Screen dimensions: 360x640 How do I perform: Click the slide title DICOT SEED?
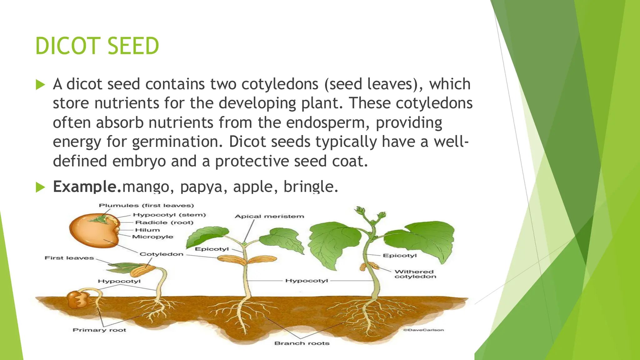(x=97, y=46)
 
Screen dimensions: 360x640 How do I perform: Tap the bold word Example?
(x=87, y=187)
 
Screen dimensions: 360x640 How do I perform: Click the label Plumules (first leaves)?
(x=146, y=206)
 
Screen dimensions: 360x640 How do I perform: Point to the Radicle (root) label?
(x=164, y=222)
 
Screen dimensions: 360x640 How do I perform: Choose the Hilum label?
(x=147, y=230)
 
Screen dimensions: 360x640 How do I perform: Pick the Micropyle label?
(x=152, y=237)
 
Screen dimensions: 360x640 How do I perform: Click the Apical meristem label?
(x=269, y=216)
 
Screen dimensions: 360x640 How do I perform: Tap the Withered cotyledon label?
(x=415, y=274)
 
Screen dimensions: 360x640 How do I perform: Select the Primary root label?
(x=99, y=330)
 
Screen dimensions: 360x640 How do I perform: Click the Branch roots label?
(x=302, y=343)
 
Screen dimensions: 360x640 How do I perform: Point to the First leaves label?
(x=69, y=258)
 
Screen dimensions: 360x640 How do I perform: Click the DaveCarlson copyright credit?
(x=423, y=330)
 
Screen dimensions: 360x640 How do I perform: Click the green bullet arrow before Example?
(x=41, y=187)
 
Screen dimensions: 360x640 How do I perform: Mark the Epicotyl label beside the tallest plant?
(x=400, y=256)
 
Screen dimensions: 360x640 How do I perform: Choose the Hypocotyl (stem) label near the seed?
(x=169, y=215)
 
